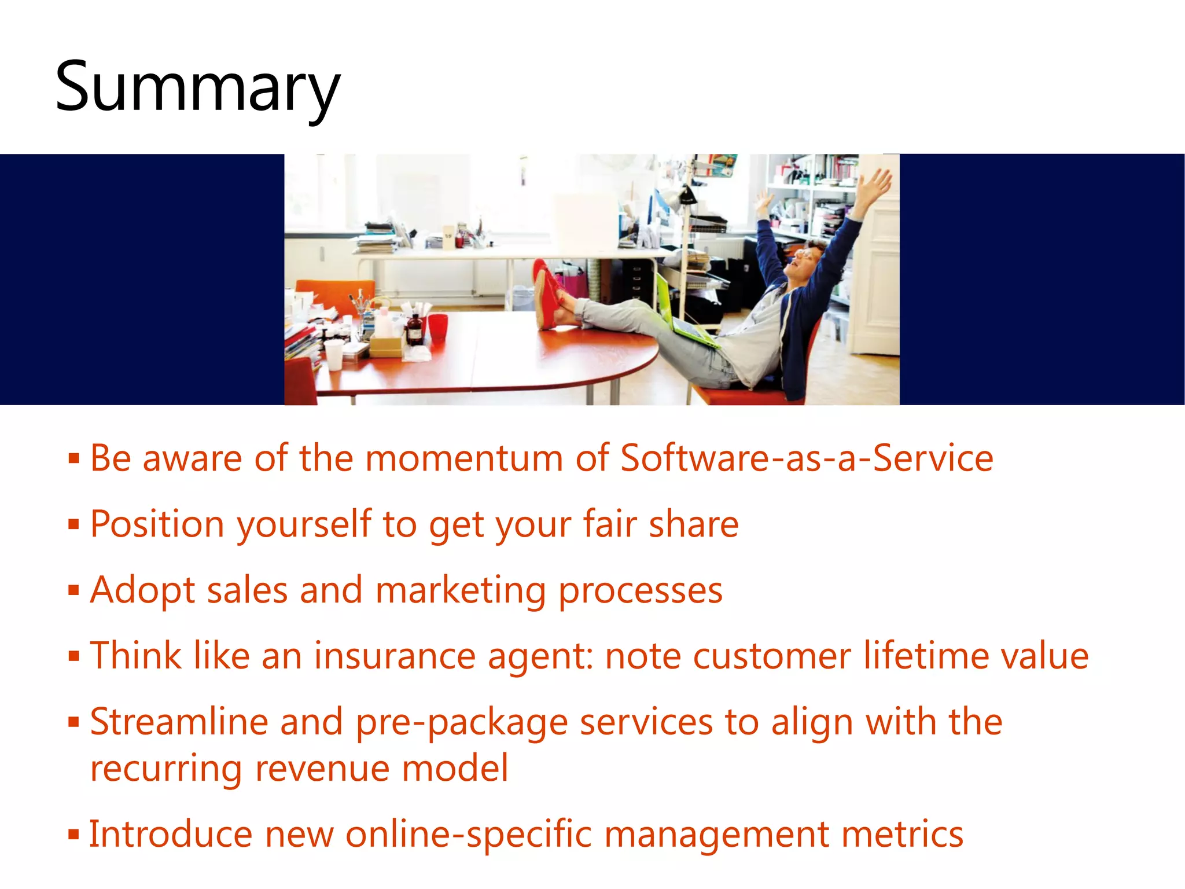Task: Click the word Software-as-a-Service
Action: click(x=807, y=458)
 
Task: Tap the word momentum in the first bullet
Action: click(x=464, y=458)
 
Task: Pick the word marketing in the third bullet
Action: click(x=460, y=592)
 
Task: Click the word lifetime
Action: click(x=926, y=656)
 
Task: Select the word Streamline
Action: click(x=179, y=722)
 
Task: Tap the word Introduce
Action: click(x=171, y=835)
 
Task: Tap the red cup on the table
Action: click(x=438, y=327)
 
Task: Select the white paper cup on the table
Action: click(x=334, y=354)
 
